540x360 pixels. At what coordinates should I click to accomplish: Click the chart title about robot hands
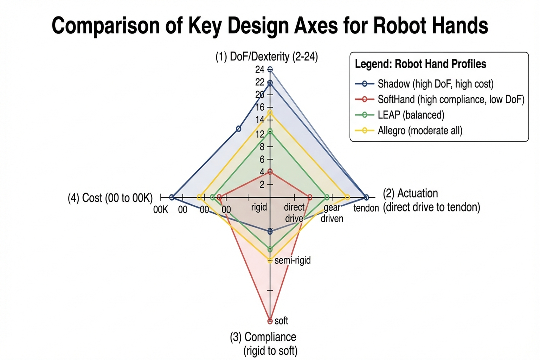(x=270, y=26)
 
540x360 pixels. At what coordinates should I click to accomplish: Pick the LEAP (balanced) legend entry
(x=411, y=115)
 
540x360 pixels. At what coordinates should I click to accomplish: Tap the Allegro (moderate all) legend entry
(x=420, y=130)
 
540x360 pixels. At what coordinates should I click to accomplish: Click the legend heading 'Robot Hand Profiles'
(x=420, y=64)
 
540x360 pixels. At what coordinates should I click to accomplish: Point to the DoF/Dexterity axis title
(x=266, y=56)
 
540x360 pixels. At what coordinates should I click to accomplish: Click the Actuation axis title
(x=431, y=200)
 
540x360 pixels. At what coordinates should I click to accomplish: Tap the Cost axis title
(x=110, y=198)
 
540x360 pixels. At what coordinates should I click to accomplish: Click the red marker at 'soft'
(x=270, y=321)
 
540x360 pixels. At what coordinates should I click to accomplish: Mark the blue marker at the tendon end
(x=366, y=197)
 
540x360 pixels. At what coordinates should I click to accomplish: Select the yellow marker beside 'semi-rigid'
(x=270, y=261)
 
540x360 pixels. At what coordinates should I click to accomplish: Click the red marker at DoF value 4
(x=270, y=172)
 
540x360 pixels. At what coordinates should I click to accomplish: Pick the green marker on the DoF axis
(x=270, y=131)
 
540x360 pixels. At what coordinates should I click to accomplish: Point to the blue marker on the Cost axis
(x=172, y=197)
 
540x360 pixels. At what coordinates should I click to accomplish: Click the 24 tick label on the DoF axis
(x=260, y=70)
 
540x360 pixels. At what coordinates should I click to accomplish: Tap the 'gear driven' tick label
(x=332, y=213)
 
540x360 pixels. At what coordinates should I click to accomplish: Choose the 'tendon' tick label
(x=366, y=208)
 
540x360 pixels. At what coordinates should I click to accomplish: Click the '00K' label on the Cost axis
(x=160, y=210)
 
